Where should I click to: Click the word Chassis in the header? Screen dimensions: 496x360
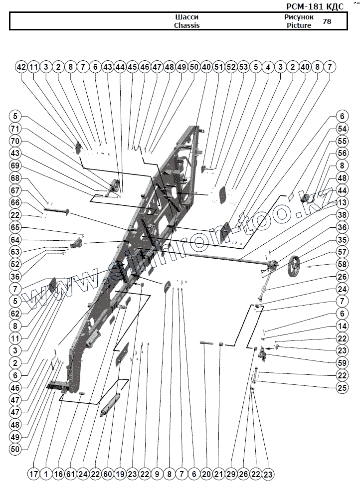click(x=186, y=25)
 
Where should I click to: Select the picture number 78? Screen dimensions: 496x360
click(x=327, y=21)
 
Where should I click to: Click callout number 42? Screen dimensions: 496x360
click(x=21, y=67)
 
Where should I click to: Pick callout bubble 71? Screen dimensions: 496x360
click(x=15, y=129)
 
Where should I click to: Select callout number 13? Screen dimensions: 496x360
click(x=342, y=202)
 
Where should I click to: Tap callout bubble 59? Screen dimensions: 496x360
click(x=342, y=362)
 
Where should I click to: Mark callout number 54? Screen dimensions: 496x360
click(x=342, y=129)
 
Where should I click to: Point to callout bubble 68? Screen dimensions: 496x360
click(x=15, y=178)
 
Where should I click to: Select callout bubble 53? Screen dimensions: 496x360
click(x=243, y=67)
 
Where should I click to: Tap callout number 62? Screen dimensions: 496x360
click(x=15, y=314)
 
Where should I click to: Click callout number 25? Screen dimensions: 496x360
click(x=342, y=387)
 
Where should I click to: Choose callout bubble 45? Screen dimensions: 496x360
click(x=132, y=67)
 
